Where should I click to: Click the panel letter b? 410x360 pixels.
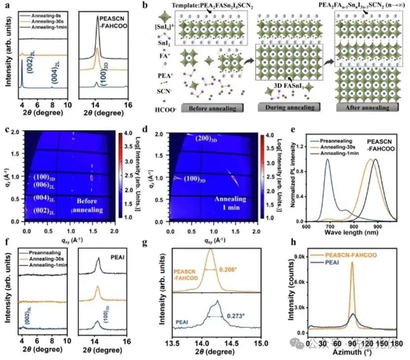pyautogui.click(x=145, y=6)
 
